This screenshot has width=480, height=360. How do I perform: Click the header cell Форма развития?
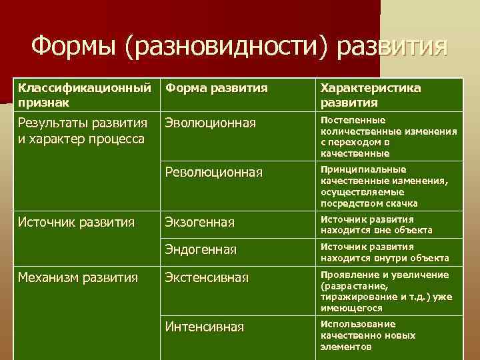(x=216, y=88)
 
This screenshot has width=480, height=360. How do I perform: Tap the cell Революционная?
(x=213, y=172)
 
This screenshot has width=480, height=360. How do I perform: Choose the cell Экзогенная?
(x=199, y=222)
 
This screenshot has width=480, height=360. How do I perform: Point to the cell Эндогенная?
(x=201, y=250)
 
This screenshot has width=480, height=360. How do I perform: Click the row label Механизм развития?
(x=78, y=277)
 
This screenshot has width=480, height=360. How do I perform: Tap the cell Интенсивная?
(x=204, y=327)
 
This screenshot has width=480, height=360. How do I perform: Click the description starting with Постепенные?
(x=389, y=137)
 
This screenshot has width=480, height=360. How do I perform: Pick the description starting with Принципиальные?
(x=385, y=186)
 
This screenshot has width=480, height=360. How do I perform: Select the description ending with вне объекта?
(x=377, y=225)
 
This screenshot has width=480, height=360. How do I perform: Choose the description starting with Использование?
(x=367, y=335)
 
